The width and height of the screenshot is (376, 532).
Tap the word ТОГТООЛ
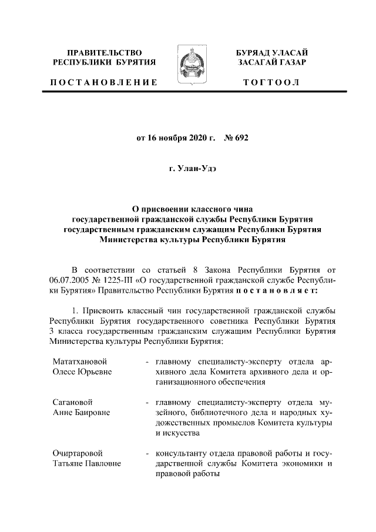271,82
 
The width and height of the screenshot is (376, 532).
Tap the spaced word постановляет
277,290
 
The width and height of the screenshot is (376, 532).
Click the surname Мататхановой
80,360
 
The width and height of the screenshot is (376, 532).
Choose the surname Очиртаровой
78,454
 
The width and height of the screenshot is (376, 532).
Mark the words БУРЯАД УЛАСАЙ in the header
271,53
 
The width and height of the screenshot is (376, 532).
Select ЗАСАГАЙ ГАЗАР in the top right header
271,62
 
